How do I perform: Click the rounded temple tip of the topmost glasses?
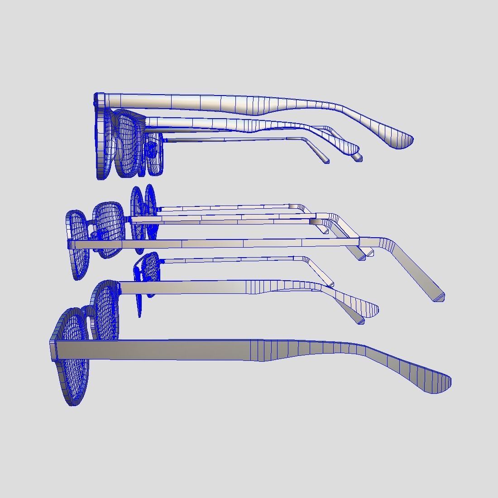tap(403, 141)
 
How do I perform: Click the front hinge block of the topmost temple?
tap(100, 100)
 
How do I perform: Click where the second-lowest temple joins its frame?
tap(120, 288)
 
